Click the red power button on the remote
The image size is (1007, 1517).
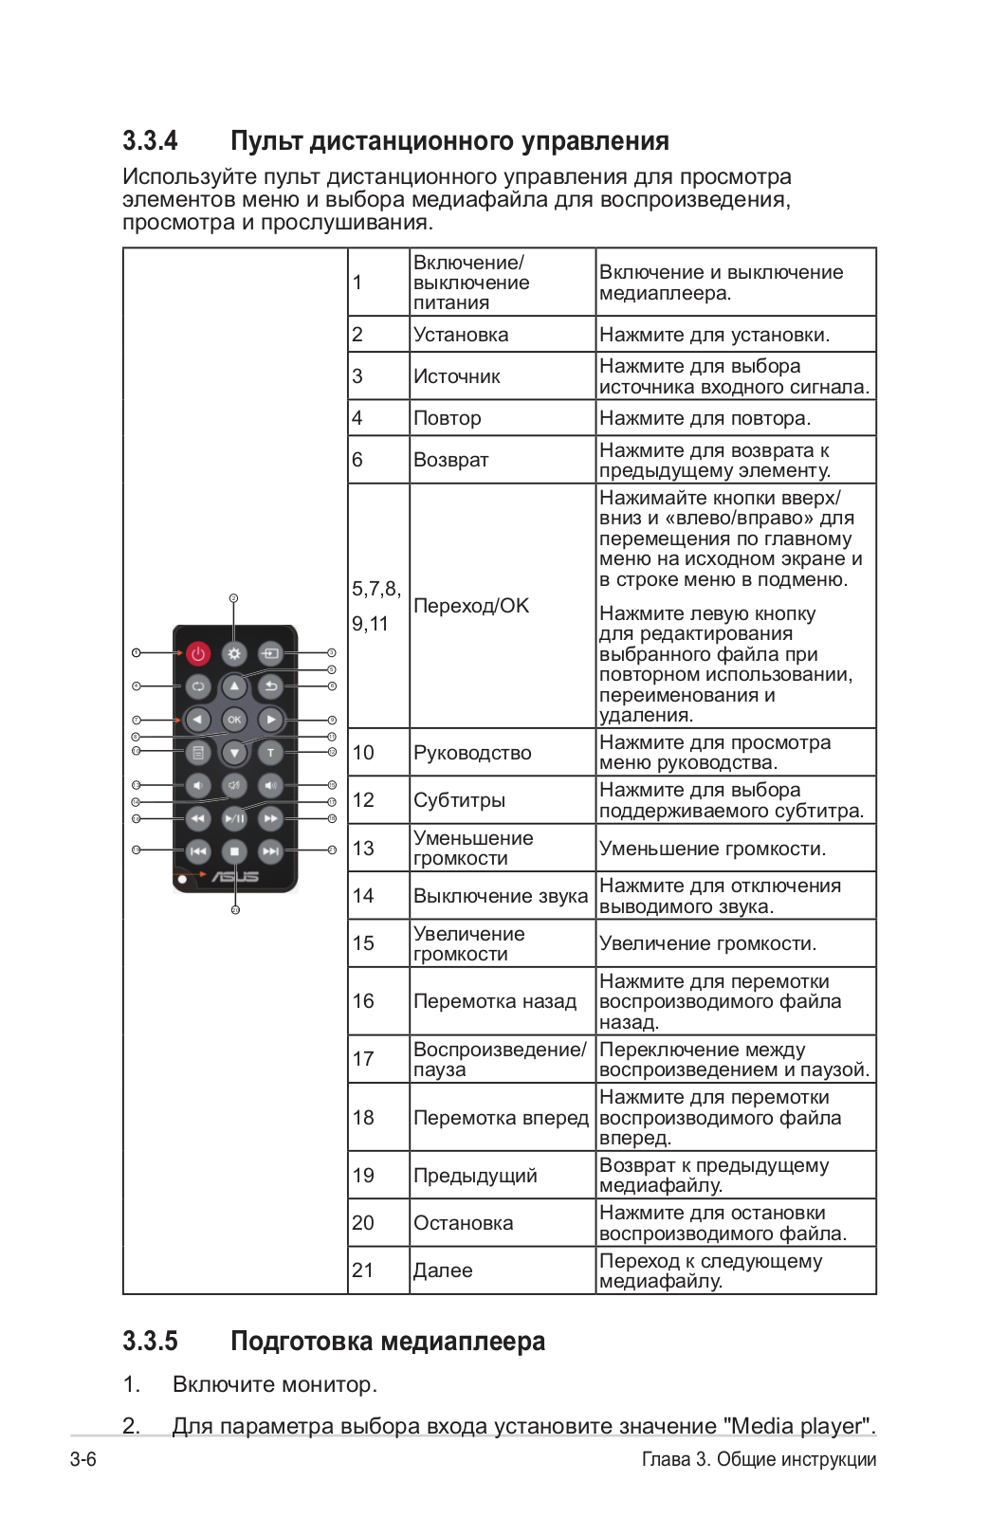(x=197, y=653)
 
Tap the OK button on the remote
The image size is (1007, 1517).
(x=234, y=720)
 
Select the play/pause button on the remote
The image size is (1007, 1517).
(x=234, y=818)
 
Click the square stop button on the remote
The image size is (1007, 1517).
(x=234, y=851)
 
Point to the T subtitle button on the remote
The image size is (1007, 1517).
(x=271, y=753)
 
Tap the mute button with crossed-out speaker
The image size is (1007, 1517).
(x=234, y=785)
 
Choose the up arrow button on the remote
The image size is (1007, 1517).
(x=234, y=686)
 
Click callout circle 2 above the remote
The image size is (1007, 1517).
(x=233, y=598)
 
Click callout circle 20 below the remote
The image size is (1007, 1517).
(x=235, y=910)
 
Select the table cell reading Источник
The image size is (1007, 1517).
(x=457, y=376)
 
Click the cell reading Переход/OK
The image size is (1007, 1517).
(x=471, y=606)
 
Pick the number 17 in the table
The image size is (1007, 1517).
(x=363, y=1059)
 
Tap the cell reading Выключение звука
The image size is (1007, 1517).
(x=501, y=896)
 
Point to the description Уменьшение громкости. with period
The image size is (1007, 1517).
(x=712, y=849)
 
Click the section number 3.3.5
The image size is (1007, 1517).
(x=150, y=1342)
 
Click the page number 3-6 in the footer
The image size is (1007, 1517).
(x=83, y=1459)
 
